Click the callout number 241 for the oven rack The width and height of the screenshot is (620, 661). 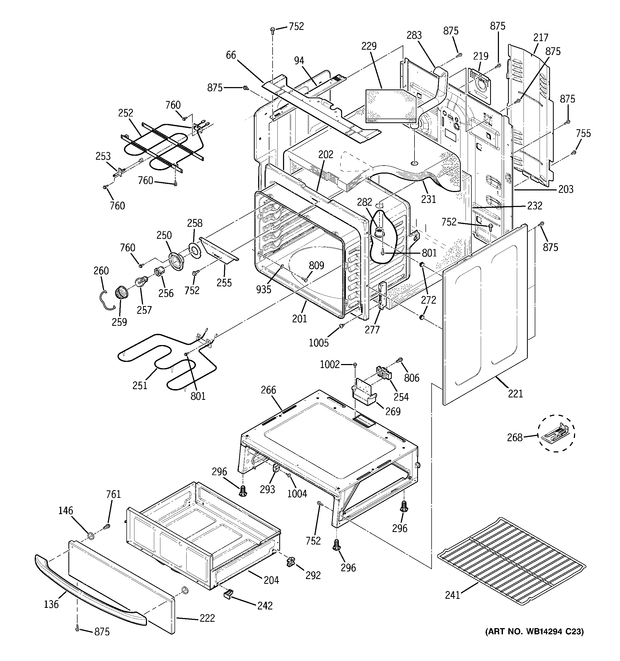pyautogui.click(x=452, y=595)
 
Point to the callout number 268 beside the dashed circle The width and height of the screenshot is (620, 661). pyautogui.click(x=514, y=437)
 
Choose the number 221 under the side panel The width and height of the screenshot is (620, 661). pyautogui.click(x=516, y=394)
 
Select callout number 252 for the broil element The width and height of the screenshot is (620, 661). pyautogui.click(x=125, y=113)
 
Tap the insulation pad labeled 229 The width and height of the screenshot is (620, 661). pyautogui.click(x=390, y=106)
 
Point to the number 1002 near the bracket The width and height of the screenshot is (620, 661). pyautogui.click(x=330, y=365)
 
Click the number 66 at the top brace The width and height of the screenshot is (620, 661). pyautogui.click(x=231, y=55)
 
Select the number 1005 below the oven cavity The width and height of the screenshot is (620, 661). pyautogui.click(x=319, y=343)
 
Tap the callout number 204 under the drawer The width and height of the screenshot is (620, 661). pyautogui.click(x=271, y=580)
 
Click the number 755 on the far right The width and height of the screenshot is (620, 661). pyautogui.click(x=583, y=133)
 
